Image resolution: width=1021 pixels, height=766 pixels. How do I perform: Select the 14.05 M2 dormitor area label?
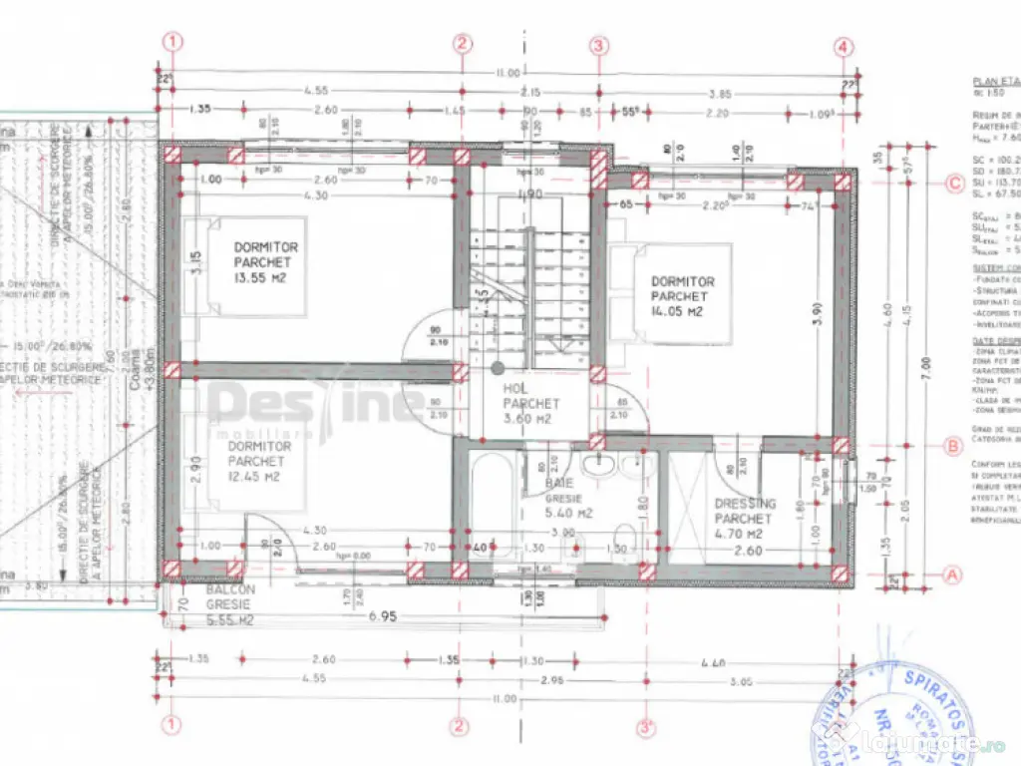tap(682, 296)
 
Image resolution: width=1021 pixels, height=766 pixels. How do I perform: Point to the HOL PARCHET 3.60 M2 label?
tap(531, 404)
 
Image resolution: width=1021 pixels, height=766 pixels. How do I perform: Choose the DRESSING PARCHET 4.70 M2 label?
tap(745, 519)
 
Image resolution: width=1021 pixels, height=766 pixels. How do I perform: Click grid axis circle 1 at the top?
tap(175, 42)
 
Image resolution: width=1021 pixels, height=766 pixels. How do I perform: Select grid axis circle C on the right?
tap(954, 183)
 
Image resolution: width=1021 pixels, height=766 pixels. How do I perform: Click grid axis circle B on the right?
tap(954, 446)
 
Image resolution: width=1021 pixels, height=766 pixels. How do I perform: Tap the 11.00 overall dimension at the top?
tap(508, 73)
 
